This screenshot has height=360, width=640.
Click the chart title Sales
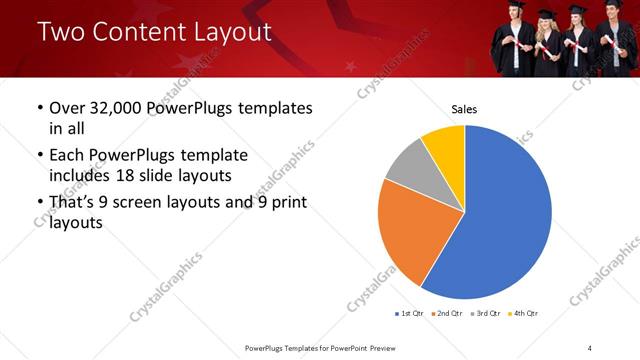tap(464, 108)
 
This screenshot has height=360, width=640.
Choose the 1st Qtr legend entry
tap(410, 314)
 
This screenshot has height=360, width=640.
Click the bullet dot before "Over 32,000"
tap(39, 108)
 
